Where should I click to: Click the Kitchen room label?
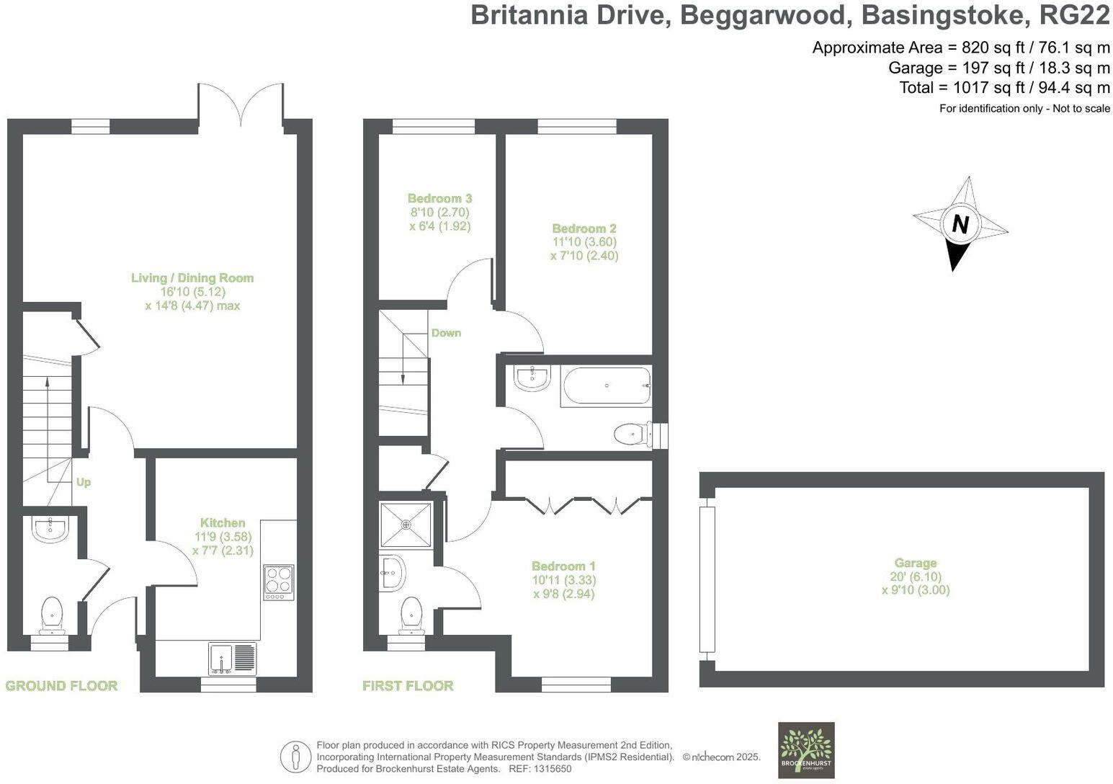tap(223, 523)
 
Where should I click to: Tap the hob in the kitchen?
tap(279, 582)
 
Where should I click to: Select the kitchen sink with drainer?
tap(232, 658)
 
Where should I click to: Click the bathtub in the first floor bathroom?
tap(607, 386)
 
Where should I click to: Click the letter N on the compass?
tap(960, 224)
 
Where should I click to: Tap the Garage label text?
tap(916, 563)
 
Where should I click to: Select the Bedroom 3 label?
tap(439, 199)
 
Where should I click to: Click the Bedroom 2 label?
tap(584, 229)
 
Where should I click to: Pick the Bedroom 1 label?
tap(563, 566)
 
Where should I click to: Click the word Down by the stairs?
tap(446, 333)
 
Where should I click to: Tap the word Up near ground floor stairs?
tap(84, 482)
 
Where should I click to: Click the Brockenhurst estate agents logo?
tap(806, 750)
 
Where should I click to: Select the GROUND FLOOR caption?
tap(61, 686)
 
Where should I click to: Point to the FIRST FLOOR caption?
tap(408, 686)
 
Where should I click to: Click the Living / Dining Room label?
tap(192, 278)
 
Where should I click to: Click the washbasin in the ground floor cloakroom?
tap(50, 530)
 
